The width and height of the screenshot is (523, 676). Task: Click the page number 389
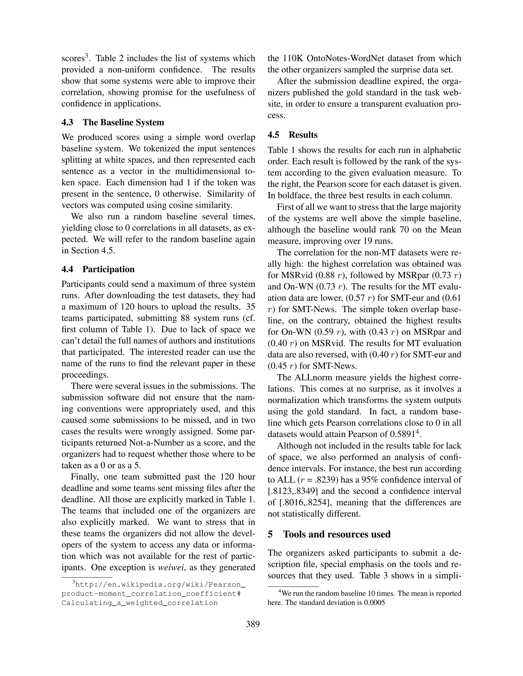tap(253, 624)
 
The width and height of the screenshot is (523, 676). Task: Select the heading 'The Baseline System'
tap(123, 122)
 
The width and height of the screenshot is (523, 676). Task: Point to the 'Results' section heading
tap(303, 135)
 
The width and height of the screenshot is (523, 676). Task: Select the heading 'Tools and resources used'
tap(337, 534)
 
